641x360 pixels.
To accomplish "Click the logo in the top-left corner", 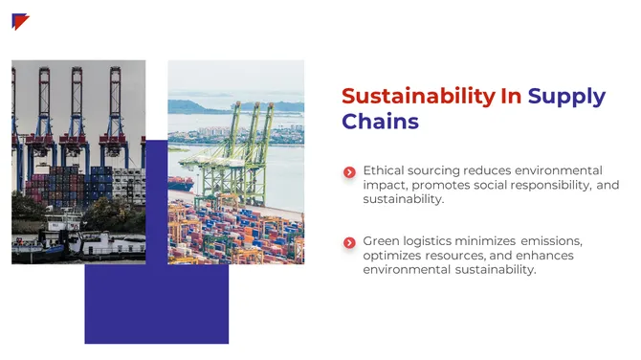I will tap(20, 21).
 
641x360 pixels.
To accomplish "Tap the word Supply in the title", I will tap(566, 96).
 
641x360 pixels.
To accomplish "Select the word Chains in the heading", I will tap(380, 122).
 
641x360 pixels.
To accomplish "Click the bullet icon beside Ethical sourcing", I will tap(349, 172).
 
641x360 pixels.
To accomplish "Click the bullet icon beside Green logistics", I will tap(349, 242).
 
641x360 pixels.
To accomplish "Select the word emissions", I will tap(550, 240).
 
